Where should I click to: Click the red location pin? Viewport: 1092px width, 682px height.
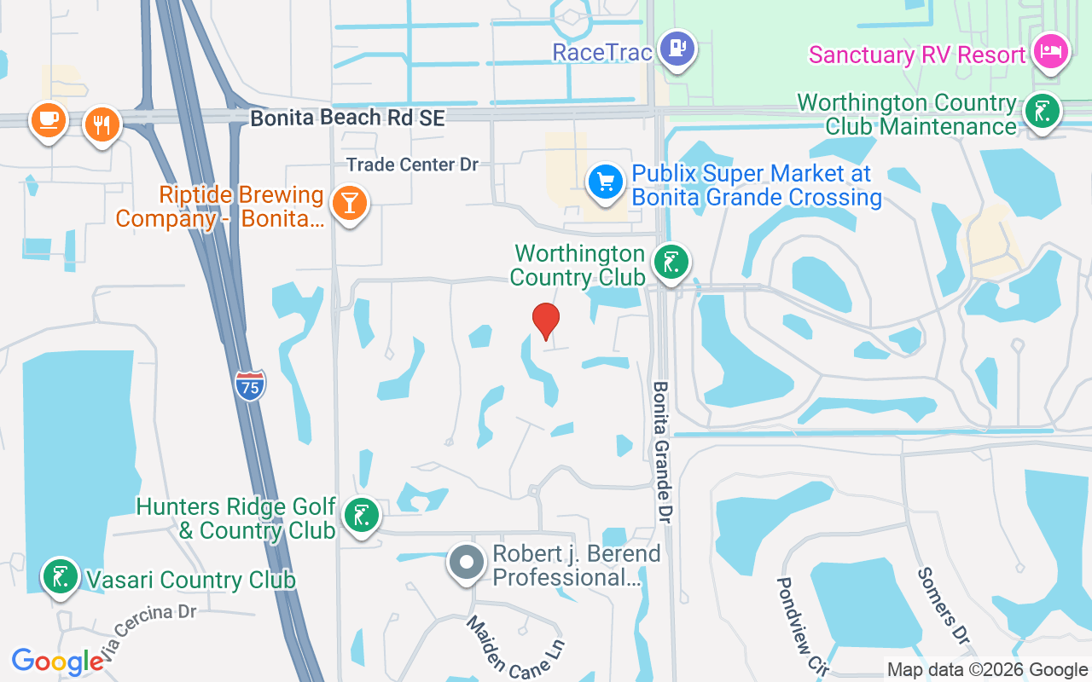pyautogui.click(x=545, y=321)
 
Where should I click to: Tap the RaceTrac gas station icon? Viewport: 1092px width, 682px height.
pyautogui.click(x=677, y=49)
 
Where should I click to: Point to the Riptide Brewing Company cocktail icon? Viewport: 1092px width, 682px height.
pyautogui.click(x=349, y=204)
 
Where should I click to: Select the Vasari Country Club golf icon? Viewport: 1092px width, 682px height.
pyautogui.click(x=61, y=577)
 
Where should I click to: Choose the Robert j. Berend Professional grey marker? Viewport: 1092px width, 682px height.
pyautogui.click(x=466, y=563)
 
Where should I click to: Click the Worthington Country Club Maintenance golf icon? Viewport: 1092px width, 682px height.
pyautogui.click(x=1041, y=112)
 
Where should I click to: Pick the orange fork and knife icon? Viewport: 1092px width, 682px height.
pyautogui.click(x=102, y=124)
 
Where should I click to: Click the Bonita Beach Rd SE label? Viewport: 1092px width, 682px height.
pyautogui.click(x=348, y=118)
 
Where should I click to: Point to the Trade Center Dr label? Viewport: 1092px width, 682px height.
pyautogui.click(x=412, y=165)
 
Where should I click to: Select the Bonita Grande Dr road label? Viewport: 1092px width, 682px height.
pyautogui.click(x=663, y=454)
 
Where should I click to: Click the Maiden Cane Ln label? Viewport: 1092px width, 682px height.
pyautogui.click(x=515, y=647)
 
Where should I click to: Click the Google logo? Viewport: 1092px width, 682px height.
pyautogui.click(x=57, y=662)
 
